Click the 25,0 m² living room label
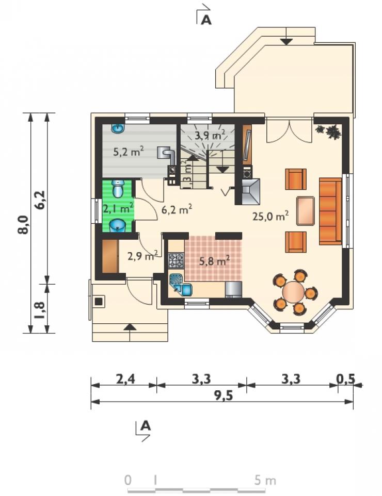tap(270, 216)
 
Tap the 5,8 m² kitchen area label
tap(214, 261)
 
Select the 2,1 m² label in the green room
tap(118, 208)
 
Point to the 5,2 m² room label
tap(129, 152)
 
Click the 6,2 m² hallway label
tap(177, 209)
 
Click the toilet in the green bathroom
tap(118, 189)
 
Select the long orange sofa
tap(330, 211)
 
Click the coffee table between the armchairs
tap(306, 211)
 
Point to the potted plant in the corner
tap(330, 131)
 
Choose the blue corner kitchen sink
tap(181, 285)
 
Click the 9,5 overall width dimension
tap(224, 395)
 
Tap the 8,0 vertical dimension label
tap(23, 225)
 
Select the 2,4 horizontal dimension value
tap(125, 378)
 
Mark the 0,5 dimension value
tap(345, 378)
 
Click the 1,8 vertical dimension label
tap(40, 310)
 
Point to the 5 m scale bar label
tap(265, 481)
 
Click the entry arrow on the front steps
tap(130, 327)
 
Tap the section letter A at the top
tap(206, 20)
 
